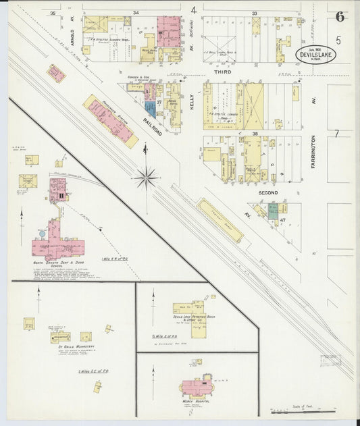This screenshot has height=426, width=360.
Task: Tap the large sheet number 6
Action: [x=340, y=17]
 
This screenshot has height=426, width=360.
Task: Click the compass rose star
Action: [x=146, y=178]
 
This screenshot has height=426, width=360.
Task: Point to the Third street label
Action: [x=223, y=72]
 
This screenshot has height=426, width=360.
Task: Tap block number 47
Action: [x=283, y=220]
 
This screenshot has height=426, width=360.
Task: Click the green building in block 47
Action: [x=273, y=211]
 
